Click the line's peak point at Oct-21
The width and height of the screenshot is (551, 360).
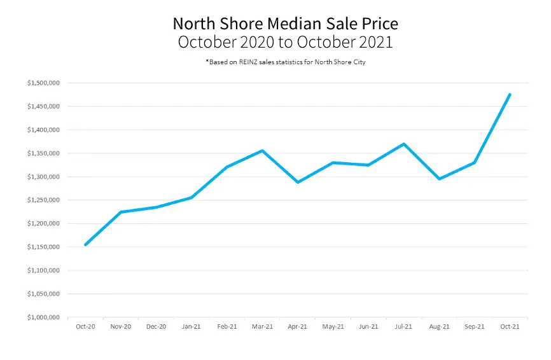tap(510, 95)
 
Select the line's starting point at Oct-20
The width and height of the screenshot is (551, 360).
tap(85, 244)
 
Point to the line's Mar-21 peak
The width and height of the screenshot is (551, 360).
tap(262, 151)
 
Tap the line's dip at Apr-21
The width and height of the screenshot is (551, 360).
tap(297, 183)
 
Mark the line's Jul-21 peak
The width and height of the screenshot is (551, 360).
tap(403, 144)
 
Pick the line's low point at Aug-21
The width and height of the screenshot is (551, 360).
tap(439, 179)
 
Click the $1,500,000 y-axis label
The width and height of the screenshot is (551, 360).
tap(43, 83)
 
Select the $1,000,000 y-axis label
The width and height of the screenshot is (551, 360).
tap(43, 317)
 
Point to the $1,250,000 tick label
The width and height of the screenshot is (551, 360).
tap(43, 200)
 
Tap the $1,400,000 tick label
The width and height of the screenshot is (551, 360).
tap(43, 130)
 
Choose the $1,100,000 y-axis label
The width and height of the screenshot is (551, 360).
tap(43, 270)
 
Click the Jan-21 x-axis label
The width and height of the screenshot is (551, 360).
tap(192, 327)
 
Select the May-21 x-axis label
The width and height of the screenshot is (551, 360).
tap(333, 327)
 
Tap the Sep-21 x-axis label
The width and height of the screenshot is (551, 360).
tap(474, 327)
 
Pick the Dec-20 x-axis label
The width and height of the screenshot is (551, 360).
tap(156, 327)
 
